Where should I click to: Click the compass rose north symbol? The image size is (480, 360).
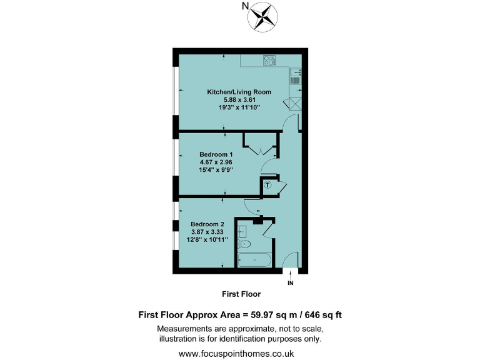[x=263, y=16]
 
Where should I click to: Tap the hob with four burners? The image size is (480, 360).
[x=270, y=61]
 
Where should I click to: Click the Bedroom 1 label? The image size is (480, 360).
[x=216, y=154]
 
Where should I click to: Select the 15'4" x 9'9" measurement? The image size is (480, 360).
[x=216, y=170]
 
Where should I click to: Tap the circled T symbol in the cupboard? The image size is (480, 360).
[x=267, y=185]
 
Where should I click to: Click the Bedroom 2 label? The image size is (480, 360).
[x=207, y=224]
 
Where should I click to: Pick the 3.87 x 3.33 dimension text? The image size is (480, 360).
[x=207, y=232]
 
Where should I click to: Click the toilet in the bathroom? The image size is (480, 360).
[x=245, y=244]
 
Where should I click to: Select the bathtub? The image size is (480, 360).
[x=254, y=261]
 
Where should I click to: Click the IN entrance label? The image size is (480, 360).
[x=290, y=283]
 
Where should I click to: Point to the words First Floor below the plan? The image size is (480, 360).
[x=241, y=294]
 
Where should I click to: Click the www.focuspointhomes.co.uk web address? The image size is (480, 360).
[x=240, y=353]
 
